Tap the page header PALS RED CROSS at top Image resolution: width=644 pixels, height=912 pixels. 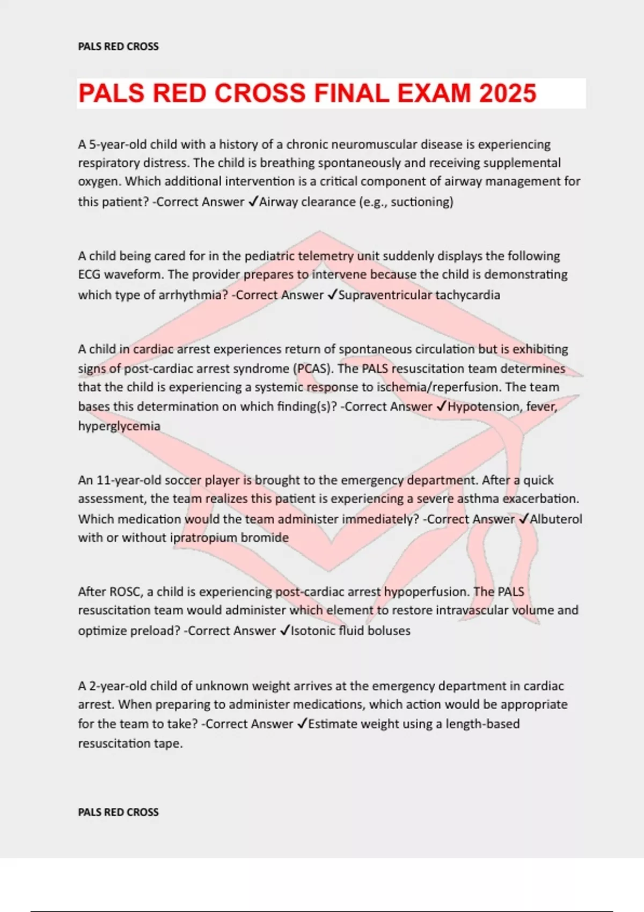tap(118, 47)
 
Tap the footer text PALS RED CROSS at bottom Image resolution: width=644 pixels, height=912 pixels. tap(118, 812)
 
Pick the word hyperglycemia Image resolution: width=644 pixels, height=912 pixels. tap(119, 426)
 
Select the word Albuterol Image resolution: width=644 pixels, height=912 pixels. tap(556, 519)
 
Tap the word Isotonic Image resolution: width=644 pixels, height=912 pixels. tap(312, 631)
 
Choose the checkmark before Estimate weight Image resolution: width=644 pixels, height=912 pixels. tap(302, 724)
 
